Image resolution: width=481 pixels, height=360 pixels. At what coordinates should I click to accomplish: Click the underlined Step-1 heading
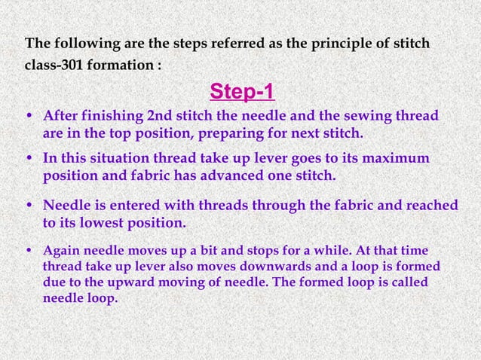[x=241, y=93]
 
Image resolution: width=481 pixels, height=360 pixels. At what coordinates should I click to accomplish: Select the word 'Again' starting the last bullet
[x=62, y=252]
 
